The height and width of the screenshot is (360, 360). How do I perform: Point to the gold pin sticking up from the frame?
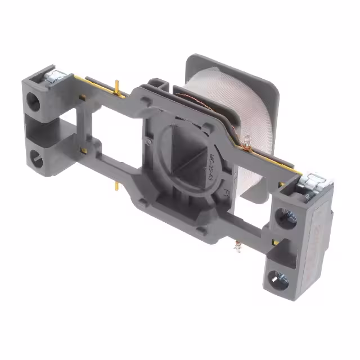116,87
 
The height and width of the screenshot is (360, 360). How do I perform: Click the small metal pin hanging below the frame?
237,246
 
